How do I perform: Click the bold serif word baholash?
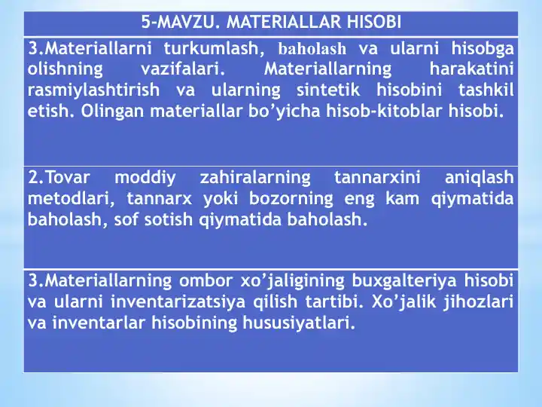(312, 50)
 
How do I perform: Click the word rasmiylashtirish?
(93, 91)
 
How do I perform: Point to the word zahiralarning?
(255, 179)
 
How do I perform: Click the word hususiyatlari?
(291, 323)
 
